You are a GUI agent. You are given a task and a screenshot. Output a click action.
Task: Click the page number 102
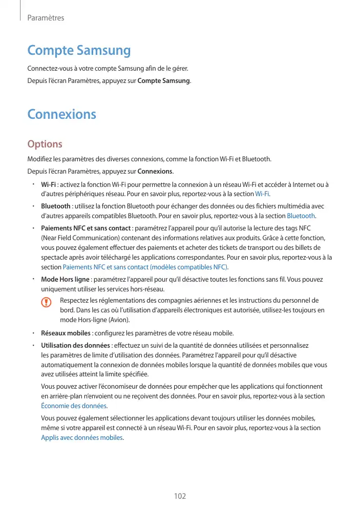click(x=180, y=496)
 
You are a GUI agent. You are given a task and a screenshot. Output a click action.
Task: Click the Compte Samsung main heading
click(x=79, y=51)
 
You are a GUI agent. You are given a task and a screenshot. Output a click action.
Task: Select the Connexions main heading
click(x=61, y=114)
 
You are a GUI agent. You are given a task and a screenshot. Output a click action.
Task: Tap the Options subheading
click(x=45, y=144)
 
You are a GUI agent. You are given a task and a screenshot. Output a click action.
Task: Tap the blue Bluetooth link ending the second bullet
click(x=301, y=216)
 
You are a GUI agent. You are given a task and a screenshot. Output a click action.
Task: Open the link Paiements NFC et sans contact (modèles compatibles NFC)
click(x=145, y=267)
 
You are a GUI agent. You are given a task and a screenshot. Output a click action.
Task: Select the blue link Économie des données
click(x=73, y=406)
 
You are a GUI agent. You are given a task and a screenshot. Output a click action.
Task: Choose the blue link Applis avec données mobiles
click(x=82, y=437)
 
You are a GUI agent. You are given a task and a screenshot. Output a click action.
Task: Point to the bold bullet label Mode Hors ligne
click(x=65, y=280)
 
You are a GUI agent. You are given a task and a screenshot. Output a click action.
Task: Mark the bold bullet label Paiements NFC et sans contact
click(x=86, y=228)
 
